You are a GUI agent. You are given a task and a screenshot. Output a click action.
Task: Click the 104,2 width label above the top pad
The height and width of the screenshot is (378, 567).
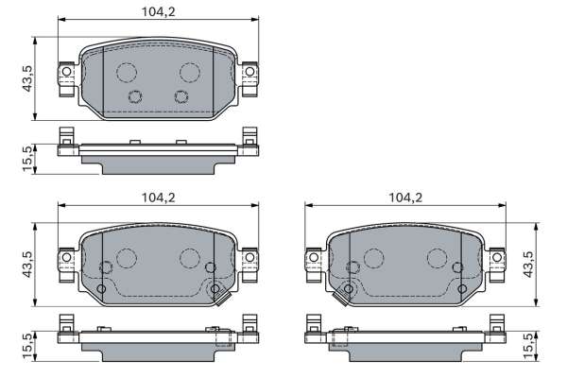coord(158,12)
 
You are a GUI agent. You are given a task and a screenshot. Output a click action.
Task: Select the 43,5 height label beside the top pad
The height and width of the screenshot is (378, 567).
coord(27,78)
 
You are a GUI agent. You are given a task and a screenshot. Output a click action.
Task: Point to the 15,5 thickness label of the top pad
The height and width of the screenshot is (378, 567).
coord(27,159)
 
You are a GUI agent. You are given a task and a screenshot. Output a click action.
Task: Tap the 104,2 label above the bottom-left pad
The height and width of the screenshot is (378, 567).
coord(158,198)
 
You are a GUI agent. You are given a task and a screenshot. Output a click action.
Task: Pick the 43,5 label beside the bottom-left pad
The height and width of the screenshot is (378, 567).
coord(27,265)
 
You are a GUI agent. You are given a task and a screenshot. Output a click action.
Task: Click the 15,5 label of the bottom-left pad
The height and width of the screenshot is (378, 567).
coord(27,346)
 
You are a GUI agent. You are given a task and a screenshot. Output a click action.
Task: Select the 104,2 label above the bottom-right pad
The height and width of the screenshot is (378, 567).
coord(405,198)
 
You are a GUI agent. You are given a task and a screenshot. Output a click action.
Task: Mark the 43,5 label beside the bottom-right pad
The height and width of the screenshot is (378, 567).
coord(528,265)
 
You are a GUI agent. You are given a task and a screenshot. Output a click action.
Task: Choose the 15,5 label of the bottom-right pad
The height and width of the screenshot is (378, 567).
coord(528,346)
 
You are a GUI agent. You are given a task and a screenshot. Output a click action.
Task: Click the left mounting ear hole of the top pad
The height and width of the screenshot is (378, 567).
coord(66,71)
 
